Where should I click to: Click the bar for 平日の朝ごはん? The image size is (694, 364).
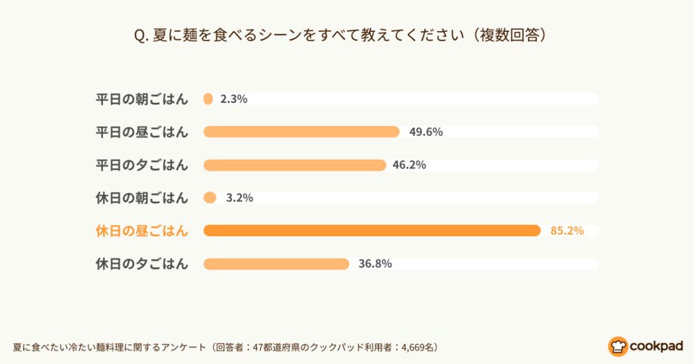click(208, 99)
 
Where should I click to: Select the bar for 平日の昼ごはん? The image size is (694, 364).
click(302, 132)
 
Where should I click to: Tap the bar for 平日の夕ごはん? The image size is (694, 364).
click(294, 165)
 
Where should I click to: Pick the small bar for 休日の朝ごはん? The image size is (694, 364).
click(210, 198)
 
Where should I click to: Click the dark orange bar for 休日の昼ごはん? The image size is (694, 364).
click(372, 231)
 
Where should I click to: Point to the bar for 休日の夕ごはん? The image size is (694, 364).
click(276, 263)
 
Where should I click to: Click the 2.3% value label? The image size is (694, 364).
click(234, 99)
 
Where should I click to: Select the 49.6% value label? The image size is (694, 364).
click(426, 132)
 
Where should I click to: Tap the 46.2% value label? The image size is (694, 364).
click(409, 165)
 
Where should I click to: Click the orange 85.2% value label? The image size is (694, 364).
click(567, 231)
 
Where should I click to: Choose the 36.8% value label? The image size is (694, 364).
click(375, 263)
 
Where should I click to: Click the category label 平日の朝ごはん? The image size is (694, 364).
click(142, 99)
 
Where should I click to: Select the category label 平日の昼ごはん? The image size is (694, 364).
click(142, 132)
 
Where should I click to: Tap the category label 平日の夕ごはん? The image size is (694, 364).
click(142, 165)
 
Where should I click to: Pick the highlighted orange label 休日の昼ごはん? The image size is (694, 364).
click(142, 231)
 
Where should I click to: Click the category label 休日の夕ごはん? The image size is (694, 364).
click(142, 263)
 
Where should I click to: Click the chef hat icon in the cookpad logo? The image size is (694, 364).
click(617, 346)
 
